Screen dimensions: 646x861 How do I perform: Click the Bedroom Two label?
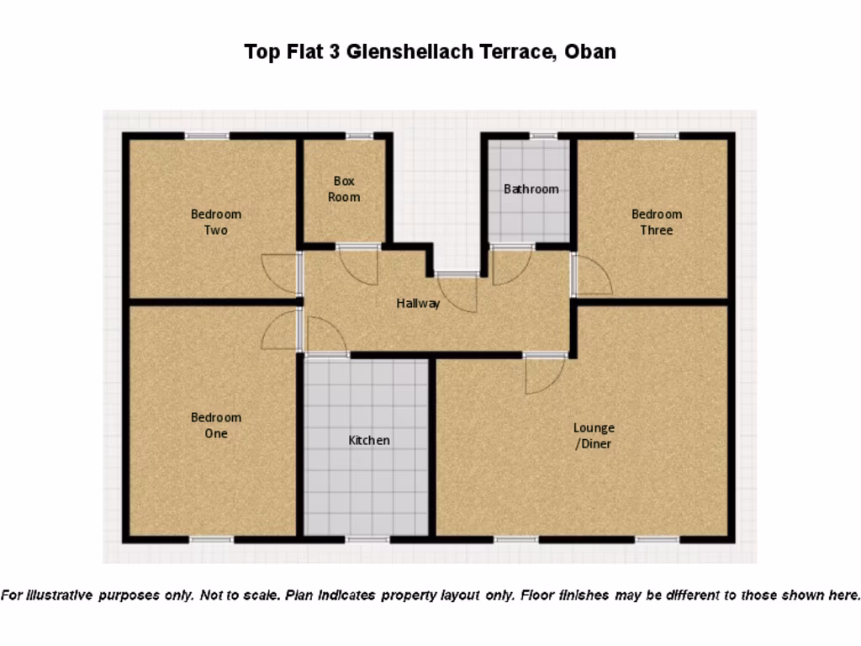click(216, 222)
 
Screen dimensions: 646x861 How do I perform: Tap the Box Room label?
click(344, 189)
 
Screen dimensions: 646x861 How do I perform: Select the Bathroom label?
click(531, 189)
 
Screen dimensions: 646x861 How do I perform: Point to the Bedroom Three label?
click(657, 222)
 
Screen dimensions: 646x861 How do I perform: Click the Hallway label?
click(418, 304)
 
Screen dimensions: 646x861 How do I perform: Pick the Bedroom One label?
click(216, 426)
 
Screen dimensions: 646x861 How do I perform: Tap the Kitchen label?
click(369, 440)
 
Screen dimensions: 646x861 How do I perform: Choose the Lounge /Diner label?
click(594, 436)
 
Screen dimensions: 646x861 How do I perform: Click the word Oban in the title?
click(589, 51)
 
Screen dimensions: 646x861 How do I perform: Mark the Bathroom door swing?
click(510, 265)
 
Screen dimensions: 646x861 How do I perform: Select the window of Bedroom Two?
click(207, 135)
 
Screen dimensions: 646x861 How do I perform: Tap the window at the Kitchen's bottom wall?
click(367, 538)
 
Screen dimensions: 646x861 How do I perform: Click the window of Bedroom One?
click(211, 538)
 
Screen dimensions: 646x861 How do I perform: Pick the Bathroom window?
click(543, 135)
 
